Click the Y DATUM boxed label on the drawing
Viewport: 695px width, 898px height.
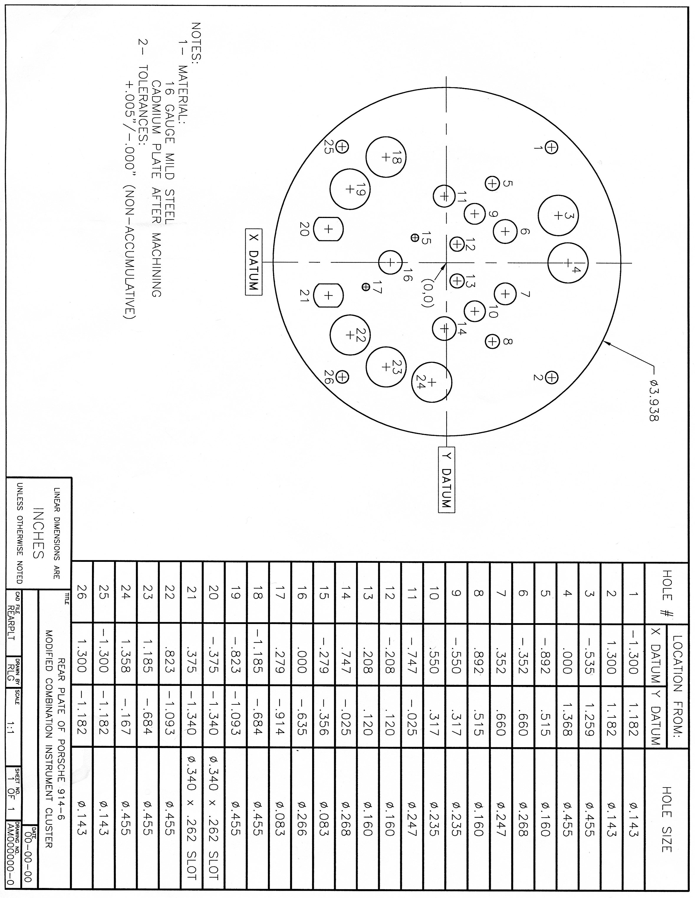447,479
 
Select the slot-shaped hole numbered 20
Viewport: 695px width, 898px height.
328,229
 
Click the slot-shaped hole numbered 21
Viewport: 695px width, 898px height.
328,295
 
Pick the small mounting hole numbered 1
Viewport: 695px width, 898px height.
551,147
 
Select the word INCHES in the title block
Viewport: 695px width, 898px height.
38,534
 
